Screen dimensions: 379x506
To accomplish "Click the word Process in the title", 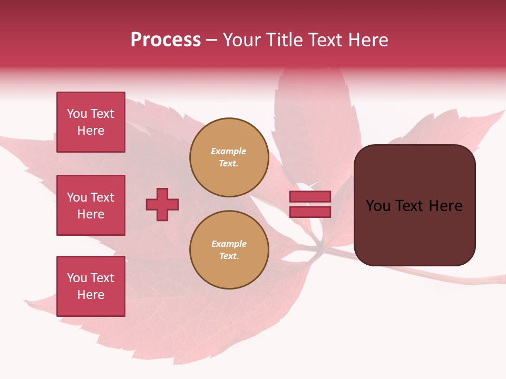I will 166,40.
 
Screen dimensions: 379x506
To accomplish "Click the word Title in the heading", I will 285,40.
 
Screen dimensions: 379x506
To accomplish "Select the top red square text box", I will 91,122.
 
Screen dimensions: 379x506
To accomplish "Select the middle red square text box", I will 91,205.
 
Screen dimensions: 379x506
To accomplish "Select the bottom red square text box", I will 91,286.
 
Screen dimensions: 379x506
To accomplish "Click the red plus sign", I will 162,204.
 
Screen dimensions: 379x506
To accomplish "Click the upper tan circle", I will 229,157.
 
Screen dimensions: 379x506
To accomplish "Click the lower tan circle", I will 229,250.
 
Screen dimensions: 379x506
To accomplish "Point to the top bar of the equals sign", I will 310,196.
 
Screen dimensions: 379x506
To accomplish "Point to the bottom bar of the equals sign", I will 310,212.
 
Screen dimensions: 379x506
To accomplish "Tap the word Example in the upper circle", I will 229,151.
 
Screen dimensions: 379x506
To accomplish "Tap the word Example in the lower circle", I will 229,244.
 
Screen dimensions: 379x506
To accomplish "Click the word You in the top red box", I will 76,114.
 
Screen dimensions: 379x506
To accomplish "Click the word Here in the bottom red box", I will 91,295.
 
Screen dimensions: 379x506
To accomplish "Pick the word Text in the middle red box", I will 102,197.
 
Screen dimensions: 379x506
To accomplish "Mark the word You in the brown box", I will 378,206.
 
